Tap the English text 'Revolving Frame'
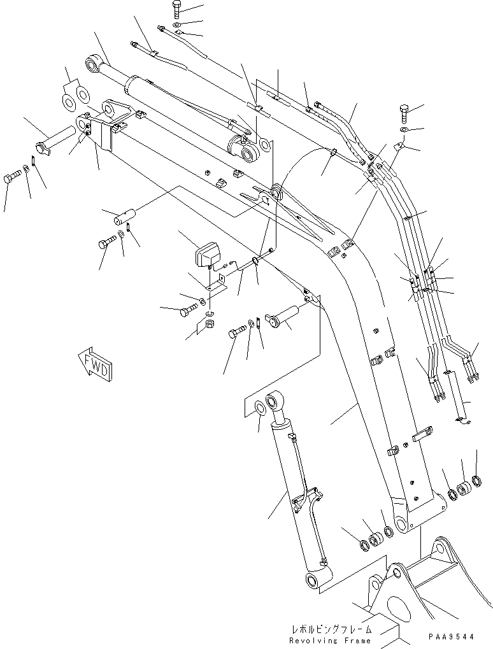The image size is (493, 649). [329, 639]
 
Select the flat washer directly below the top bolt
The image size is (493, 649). [177, 25]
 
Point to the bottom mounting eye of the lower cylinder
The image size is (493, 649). [315, 579]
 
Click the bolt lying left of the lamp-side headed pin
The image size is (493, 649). [238, 332]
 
